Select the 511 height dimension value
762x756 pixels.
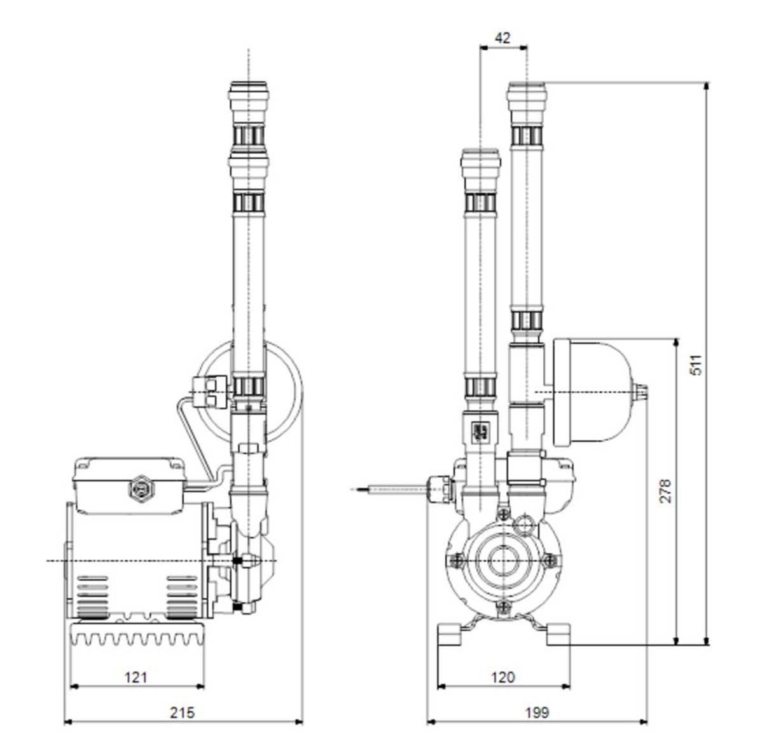click(697, 365)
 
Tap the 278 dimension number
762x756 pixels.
click(666, 490)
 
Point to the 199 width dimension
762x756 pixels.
click(536, 712)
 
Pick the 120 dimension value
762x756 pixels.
click(502, 677)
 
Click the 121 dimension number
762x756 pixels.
click(135, 677)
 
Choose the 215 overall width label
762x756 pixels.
click(182, 712)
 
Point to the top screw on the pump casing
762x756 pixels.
click(503, 513)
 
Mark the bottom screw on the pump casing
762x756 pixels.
click(503, 607)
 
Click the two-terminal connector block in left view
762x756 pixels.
click(210, 393)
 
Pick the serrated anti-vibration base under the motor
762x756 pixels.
click(137, 633)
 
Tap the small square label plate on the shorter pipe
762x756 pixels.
click(481, 430)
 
